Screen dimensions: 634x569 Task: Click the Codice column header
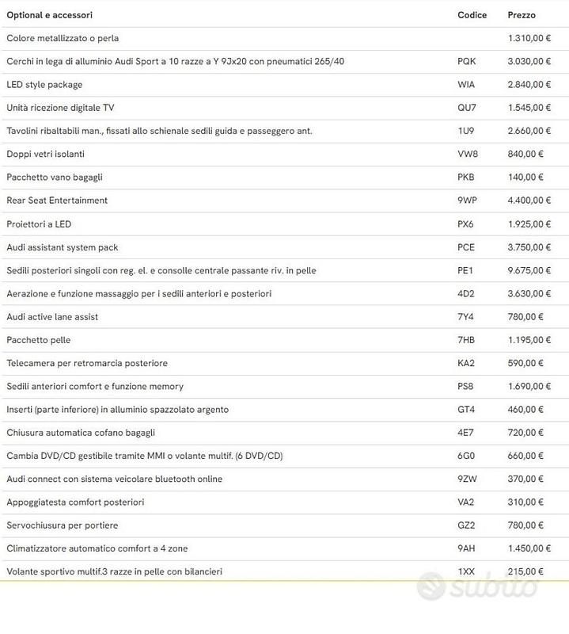pos(472,15)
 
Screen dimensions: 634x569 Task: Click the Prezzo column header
pos(521,15)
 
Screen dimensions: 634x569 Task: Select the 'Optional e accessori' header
pos(49,15)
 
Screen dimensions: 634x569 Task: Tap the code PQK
pos(467,61)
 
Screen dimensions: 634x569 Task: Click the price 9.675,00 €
pos(529,270)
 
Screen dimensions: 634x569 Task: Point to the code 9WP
pos(467,201)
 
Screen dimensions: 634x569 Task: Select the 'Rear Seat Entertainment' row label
pos(57,201)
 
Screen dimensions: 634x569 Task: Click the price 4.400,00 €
pos(529,201)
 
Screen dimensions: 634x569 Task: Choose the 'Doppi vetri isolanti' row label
pos(45,154)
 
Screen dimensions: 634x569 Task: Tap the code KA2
pos(466,363)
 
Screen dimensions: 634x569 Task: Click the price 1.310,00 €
pos(529,38)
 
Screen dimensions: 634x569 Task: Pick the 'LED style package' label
pos(44,85)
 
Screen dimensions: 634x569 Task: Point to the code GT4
pos(466,410)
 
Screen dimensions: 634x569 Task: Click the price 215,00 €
pos(525,571)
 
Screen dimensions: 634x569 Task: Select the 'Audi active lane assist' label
pos(52,317)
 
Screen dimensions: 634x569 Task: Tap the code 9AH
pos(466,548)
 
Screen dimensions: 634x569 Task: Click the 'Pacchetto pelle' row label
pos(39,340)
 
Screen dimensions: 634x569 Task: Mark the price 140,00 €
pos(525,178)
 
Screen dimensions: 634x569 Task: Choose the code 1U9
pos(465,131)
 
